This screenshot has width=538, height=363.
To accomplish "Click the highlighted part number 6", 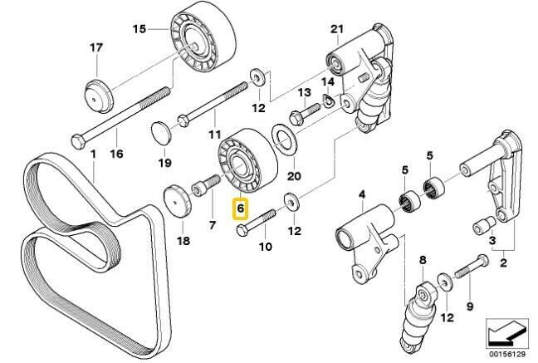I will pyautogui.click(x=239, y=209).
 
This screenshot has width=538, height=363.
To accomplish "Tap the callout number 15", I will pyautogui.click(x=139, y=30).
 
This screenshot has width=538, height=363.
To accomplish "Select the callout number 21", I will pyautogui.click(x=336, y=30).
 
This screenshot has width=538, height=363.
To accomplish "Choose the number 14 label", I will pyautogui.click(x=328, y=83).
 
